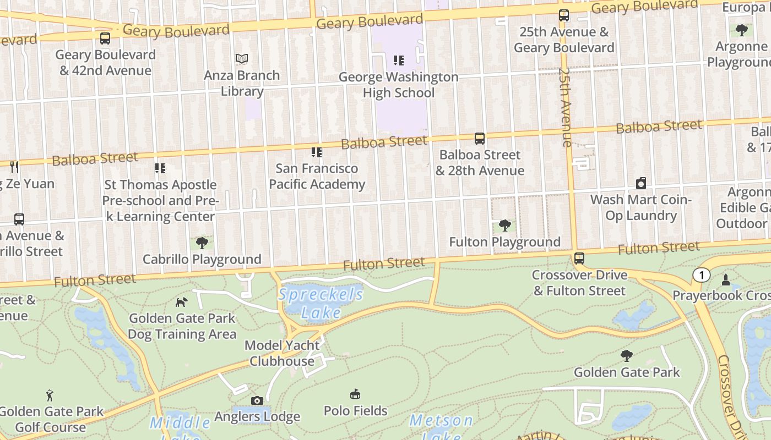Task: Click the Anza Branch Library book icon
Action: coord(242,58)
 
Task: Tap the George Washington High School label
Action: coord(398,85)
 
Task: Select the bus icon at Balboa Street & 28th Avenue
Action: coord(480,139)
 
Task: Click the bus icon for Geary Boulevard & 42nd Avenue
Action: coord(105,38)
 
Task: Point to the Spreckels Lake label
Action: coord(321,303)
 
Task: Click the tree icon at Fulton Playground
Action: coord(504,225)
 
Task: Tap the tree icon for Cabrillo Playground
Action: coord(202,243)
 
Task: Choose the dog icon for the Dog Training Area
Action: coord(181,301)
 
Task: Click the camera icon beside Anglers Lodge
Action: coord(257,400)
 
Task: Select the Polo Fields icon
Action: coord(355,394)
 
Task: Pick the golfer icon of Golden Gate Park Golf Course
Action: coord(50,395)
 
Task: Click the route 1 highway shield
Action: coord(701,275)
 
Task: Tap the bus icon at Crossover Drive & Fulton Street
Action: coord(579,258)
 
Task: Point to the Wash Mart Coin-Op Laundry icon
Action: coord(641,183)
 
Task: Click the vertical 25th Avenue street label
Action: coord(566,107)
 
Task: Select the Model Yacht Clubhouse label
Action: coord(282,353)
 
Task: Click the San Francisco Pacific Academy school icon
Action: coord(316,152)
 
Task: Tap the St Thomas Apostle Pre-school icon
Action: coord(160,168)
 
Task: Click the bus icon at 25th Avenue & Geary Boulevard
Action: coord(564,15)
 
